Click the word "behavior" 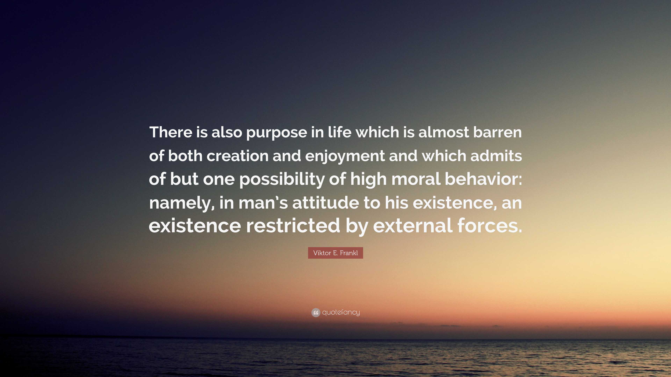pyautogui.click(x=482, y=179)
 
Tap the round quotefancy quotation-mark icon pyautogui.click(x=316, y=312)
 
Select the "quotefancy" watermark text pyautogui.click(x=341, y=312)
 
